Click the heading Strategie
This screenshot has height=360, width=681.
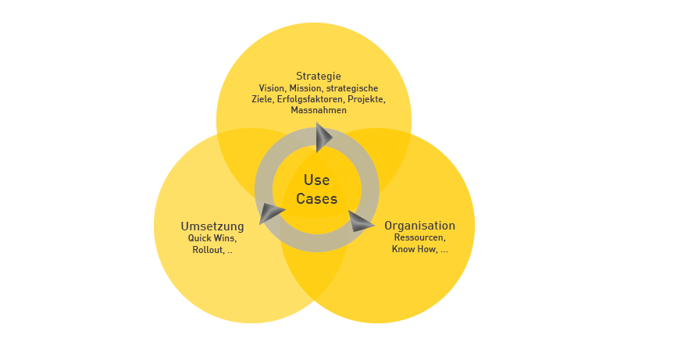coord(318,76)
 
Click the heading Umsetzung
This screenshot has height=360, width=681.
coord(212,226)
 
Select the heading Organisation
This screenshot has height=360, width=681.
coord(419,226)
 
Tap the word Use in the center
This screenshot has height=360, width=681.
coord(316,180)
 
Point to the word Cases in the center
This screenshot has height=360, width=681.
coord(316,199)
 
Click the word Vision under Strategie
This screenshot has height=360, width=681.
coord(271,88)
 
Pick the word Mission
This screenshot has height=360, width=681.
coord(305,88)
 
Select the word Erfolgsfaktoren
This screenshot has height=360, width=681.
coord(311,99)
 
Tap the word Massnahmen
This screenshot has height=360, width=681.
coord(318,110)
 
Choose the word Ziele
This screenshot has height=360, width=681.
coord(262,99)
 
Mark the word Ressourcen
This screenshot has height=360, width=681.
coord(419,237)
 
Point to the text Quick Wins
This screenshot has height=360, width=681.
coord(212,238)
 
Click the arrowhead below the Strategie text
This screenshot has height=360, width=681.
coord(323,137)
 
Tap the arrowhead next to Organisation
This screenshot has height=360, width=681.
coord(360,222)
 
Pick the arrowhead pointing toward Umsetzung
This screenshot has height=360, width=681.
coord(271,212)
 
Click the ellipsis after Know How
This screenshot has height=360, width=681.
coord(444,251)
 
